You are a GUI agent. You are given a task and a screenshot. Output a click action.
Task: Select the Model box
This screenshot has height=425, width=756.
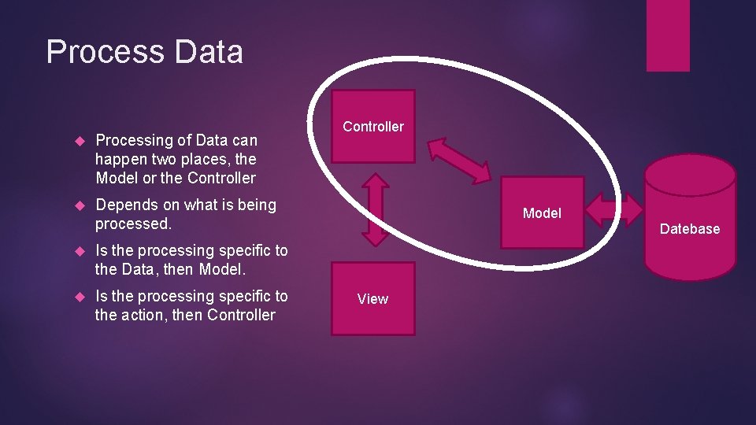pos(542,213)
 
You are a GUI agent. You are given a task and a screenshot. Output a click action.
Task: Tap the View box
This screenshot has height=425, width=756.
pos(372,298)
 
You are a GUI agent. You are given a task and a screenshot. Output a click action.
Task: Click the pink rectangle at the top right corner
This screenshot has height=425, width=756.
pos(668,35)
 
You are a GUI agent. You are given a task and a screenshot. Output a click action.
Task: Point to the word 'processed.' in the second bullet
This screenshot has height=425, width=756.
pos(133,224)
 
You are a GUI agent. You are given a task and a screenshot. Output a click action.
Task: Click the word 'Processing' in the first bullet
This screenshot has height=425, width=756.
pos(133,140)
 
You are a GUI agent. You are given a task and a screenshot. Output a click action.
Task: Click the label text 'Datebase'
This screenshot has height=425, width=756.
pos(690,229)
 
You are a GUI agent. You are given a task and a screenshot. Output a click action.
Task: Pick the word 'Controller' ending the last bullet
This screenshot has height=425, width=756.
pos(239,315)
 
